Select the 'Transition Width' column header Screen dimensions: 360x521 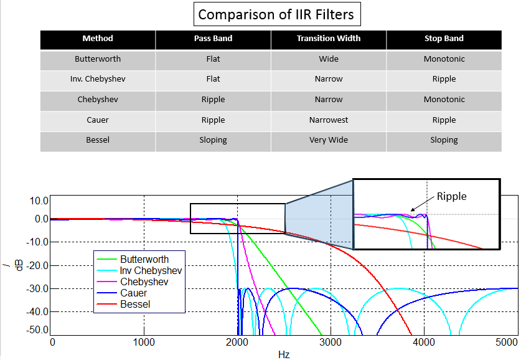pos(329,39)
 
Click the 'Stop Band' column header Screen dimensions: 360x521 pos(444,39)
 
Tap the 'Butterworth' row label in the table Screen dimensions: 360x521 pos(98,59)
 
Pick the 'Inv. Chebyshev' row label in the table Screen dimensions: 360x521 pos(98,79)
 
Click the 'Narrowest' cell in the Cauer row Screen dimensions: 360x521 pos(329,120)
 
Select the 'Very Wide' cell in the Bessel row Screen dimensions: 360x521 pos(329,140)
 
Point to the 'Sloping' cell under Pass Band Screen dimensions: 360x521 pos(213,140)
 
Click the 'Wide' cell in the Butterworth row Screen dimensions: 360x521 pos(329,59)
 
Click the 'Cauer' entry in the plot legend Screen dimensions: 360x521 pos(133,293)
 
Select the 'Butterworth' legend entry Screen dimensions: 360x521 pos(144,259)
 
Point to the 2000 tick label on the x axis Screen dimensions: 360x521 pos(237,342)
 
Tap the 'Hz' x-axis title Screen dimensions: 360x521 pos(283,354)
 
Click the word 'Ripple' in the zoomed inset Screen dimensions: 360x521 pos(451,196)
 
